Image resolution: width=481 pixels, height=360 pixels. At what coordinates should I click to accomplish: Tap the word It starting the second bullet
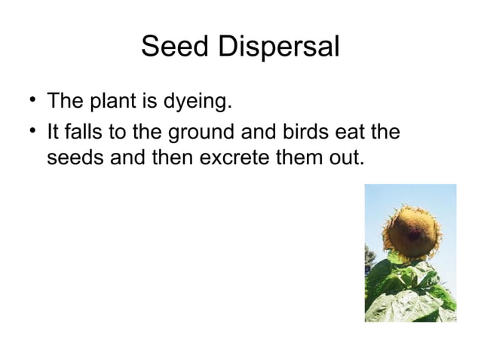53,134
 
